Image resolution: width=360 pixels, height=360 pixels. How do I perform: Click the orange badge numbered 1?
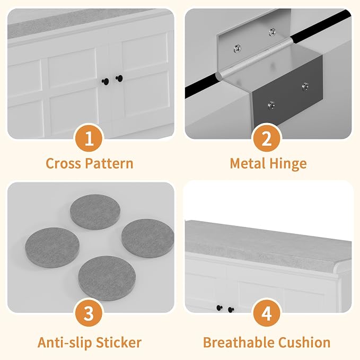[89, 138]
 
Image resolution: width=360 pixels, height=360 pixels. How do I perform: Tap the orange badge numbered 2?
[267, 138]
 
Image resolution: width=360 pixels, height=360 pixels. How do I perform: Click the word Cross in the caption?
[64, 164]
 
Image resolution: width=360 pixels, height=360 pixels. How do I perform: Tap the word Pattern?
[109, 164]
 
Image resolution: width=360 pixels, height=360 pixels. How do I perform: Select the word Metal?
[248, 164]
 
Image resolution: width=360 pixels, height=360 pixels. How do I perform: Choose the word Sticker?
[118, 343]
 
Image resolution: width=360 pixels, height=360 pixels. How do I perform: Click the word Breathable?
[239, 343]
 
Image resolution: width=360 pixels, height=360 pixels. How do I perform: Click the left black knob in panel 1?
[106, 81]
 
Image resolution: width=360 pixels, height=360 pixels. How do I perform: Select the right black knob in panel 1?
[119, 78]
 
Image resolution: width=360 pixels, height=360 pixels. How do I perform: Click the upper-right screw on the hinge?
[273, 32]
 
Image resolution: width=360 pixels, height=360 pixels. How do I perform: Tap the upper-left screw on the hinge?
[238, 48]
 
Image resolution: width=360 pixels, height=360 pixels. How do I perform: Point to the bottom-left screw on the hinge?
[271, 105]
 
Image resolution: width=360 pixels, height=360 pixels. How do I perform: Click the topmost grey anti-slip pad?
[95, 212]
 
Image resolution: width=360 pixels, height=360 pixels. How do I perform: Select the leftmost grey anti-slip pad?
[52, 248]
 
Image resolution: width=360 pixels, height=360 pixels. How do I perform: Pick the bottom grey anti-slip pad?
[107, 278]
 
